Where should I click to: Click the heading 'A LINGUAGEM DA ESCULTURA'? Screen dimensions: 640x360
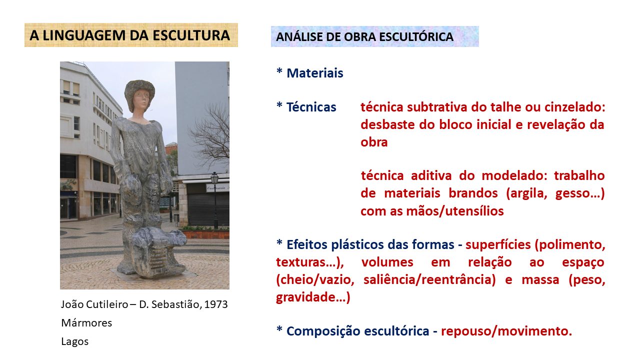129,35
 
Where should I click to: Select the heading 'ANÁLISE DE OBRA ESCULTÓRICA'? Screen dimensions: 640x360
364,37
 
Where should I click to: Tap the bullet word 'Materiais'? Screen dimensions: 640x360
315,73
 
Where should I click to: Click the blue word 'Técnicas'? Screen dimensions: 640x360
311,107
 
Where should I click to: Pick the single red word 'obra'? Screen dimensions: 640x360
374,142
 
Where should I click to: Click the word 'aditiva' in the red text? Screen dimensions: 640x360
431,175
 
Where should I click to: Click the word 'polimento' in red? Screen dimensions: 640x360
569,245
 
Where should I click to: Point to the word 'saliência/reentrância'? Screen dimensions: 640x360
429,279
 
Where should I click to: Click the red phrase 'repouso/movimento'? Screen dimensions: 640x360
504,331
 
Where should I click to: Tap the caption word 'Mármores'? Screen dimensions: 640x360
86,323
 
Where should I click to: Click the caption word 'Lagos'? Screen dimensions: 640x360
75,341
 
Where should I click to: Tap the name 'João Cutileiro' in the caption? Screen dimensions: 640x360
94,304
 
